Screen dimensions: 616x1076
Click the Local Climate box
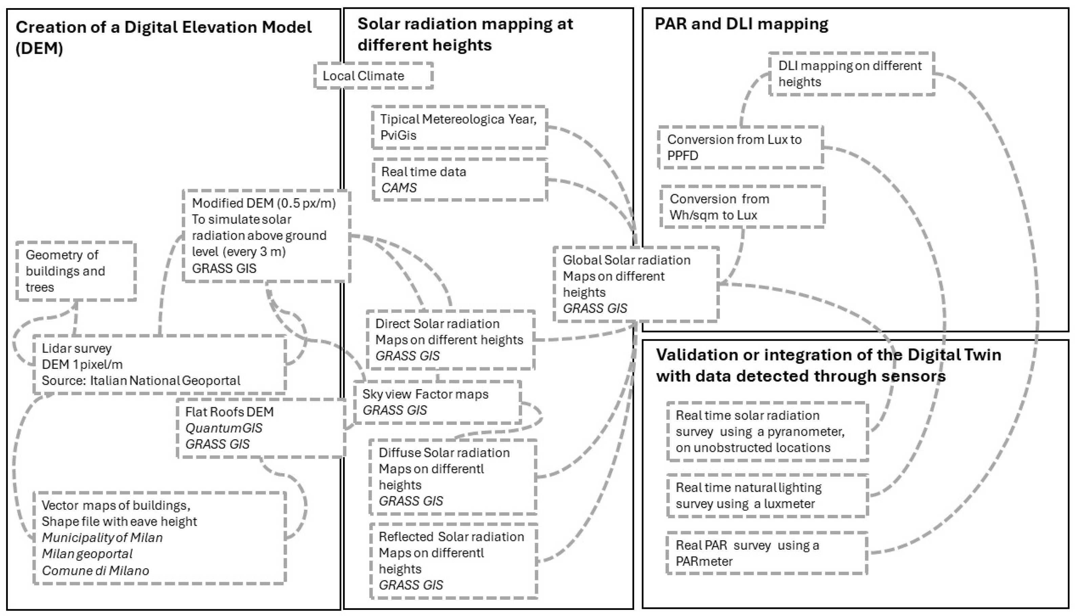[x=373, y=76]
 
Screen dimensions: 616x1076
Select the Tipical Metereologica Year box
[x=459, y=127]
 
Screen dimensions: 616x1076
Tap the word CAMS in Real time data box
[x=399, y=187]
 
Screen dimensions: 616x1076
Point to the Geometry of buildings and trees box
[x=76, y=271]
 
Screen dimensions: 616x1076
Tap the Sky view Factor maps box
[x=437, y=402]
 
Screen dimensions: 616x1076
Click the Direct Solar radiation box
[x=450, y=340]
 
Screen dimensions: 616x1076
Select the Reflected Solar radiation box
[x=453, y=561]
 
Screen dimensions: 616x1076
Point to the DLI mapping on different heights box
[x=851, y=74]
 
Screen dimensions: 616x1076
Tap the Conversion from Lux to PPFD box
[x=740, y=147]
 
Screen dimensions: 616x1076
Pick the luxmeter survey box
[x=767, y=496]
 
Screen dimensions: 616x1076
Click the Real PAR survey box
[x=767, y=553]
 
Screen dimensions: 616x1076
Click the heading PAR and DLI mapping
[x=741, y=24]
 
